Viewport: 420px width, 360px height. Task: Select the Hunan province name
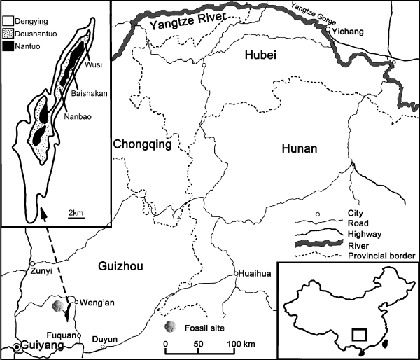point(299,148)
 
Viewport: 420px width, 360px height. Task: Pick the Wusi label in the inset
point(95,66)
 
